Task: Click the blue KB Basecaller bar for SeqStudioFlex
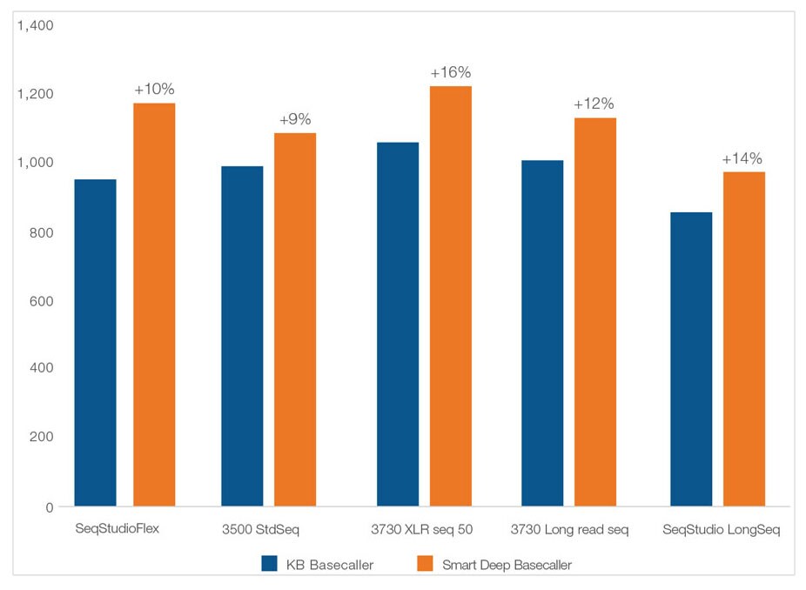coord(95,343)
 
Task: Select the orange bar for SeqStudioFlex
coord(154,305)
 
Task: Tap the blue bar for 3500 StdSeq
coord(242,336)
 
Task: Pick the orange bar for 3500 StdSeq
coord(295,319)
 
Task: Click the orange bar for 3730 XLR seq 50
coord(451,296)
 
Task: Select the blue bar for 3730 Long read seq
coord(542,333)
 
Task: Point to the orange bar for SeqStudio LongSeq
coord(744,339)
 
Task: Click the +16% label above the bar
coord(451,72)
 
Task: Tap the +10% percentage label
coord(154,90)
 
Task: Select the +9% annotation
coord(295,119)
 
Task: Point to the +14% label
coord(742,158)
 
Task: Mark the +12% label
coord(594,104)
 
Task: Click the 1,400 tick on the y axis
coord(36,25)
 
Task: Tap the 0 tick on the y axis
coord(50,506)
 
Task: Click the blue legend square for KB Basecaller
coord(270,564)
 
